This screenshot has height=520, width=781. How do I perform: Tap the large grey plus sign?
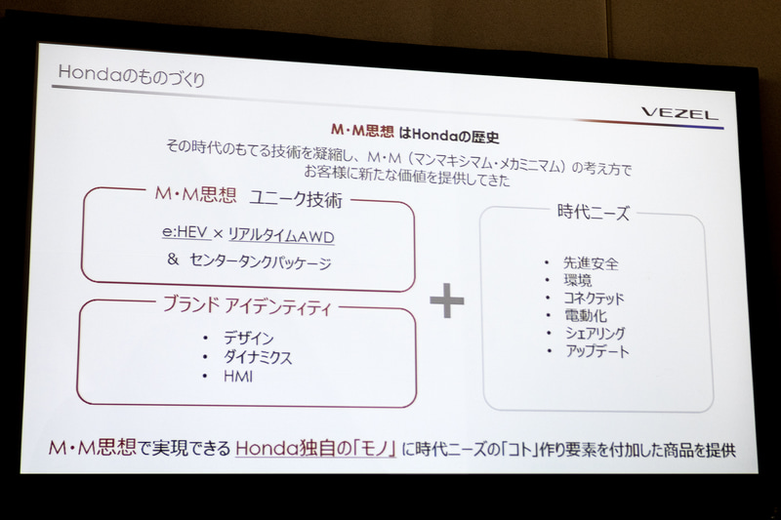click(447, 301)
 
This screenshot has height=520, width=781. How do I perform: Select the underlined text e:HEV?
click(185, 235)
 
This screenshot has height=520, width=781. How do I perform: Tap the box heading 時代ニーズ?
click(594, 212)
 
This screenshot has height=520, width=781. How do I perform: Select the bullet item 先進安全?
click(591, 263)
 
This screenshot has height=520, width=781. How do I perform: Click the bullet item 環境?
click(577, 281)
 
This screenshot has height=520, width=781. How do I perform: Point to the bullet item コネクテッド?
click(594, 299)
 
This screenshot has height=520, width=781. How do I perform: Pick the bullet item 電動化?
click(584, 316)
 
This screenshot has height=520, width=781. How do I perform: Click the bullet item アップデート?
click(596, 351)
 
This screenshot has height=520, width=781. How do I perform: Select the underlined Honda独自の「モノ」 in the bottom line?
click(311, 451)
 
